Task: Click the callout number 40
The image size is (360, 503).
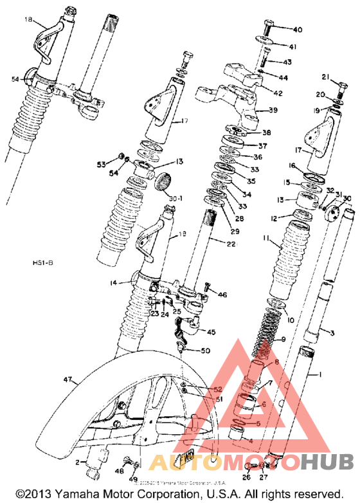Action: pyautogui.click(x=297, y=30)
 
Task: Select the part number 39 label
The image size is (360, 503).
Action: pyautogui.click(x=273, y=111)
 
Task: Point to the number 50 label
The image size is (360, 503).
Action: pyautogui.click(x=205, y=351)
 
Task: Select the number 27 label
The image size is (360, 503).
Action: pyautogui.click(x=263, y=477)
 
